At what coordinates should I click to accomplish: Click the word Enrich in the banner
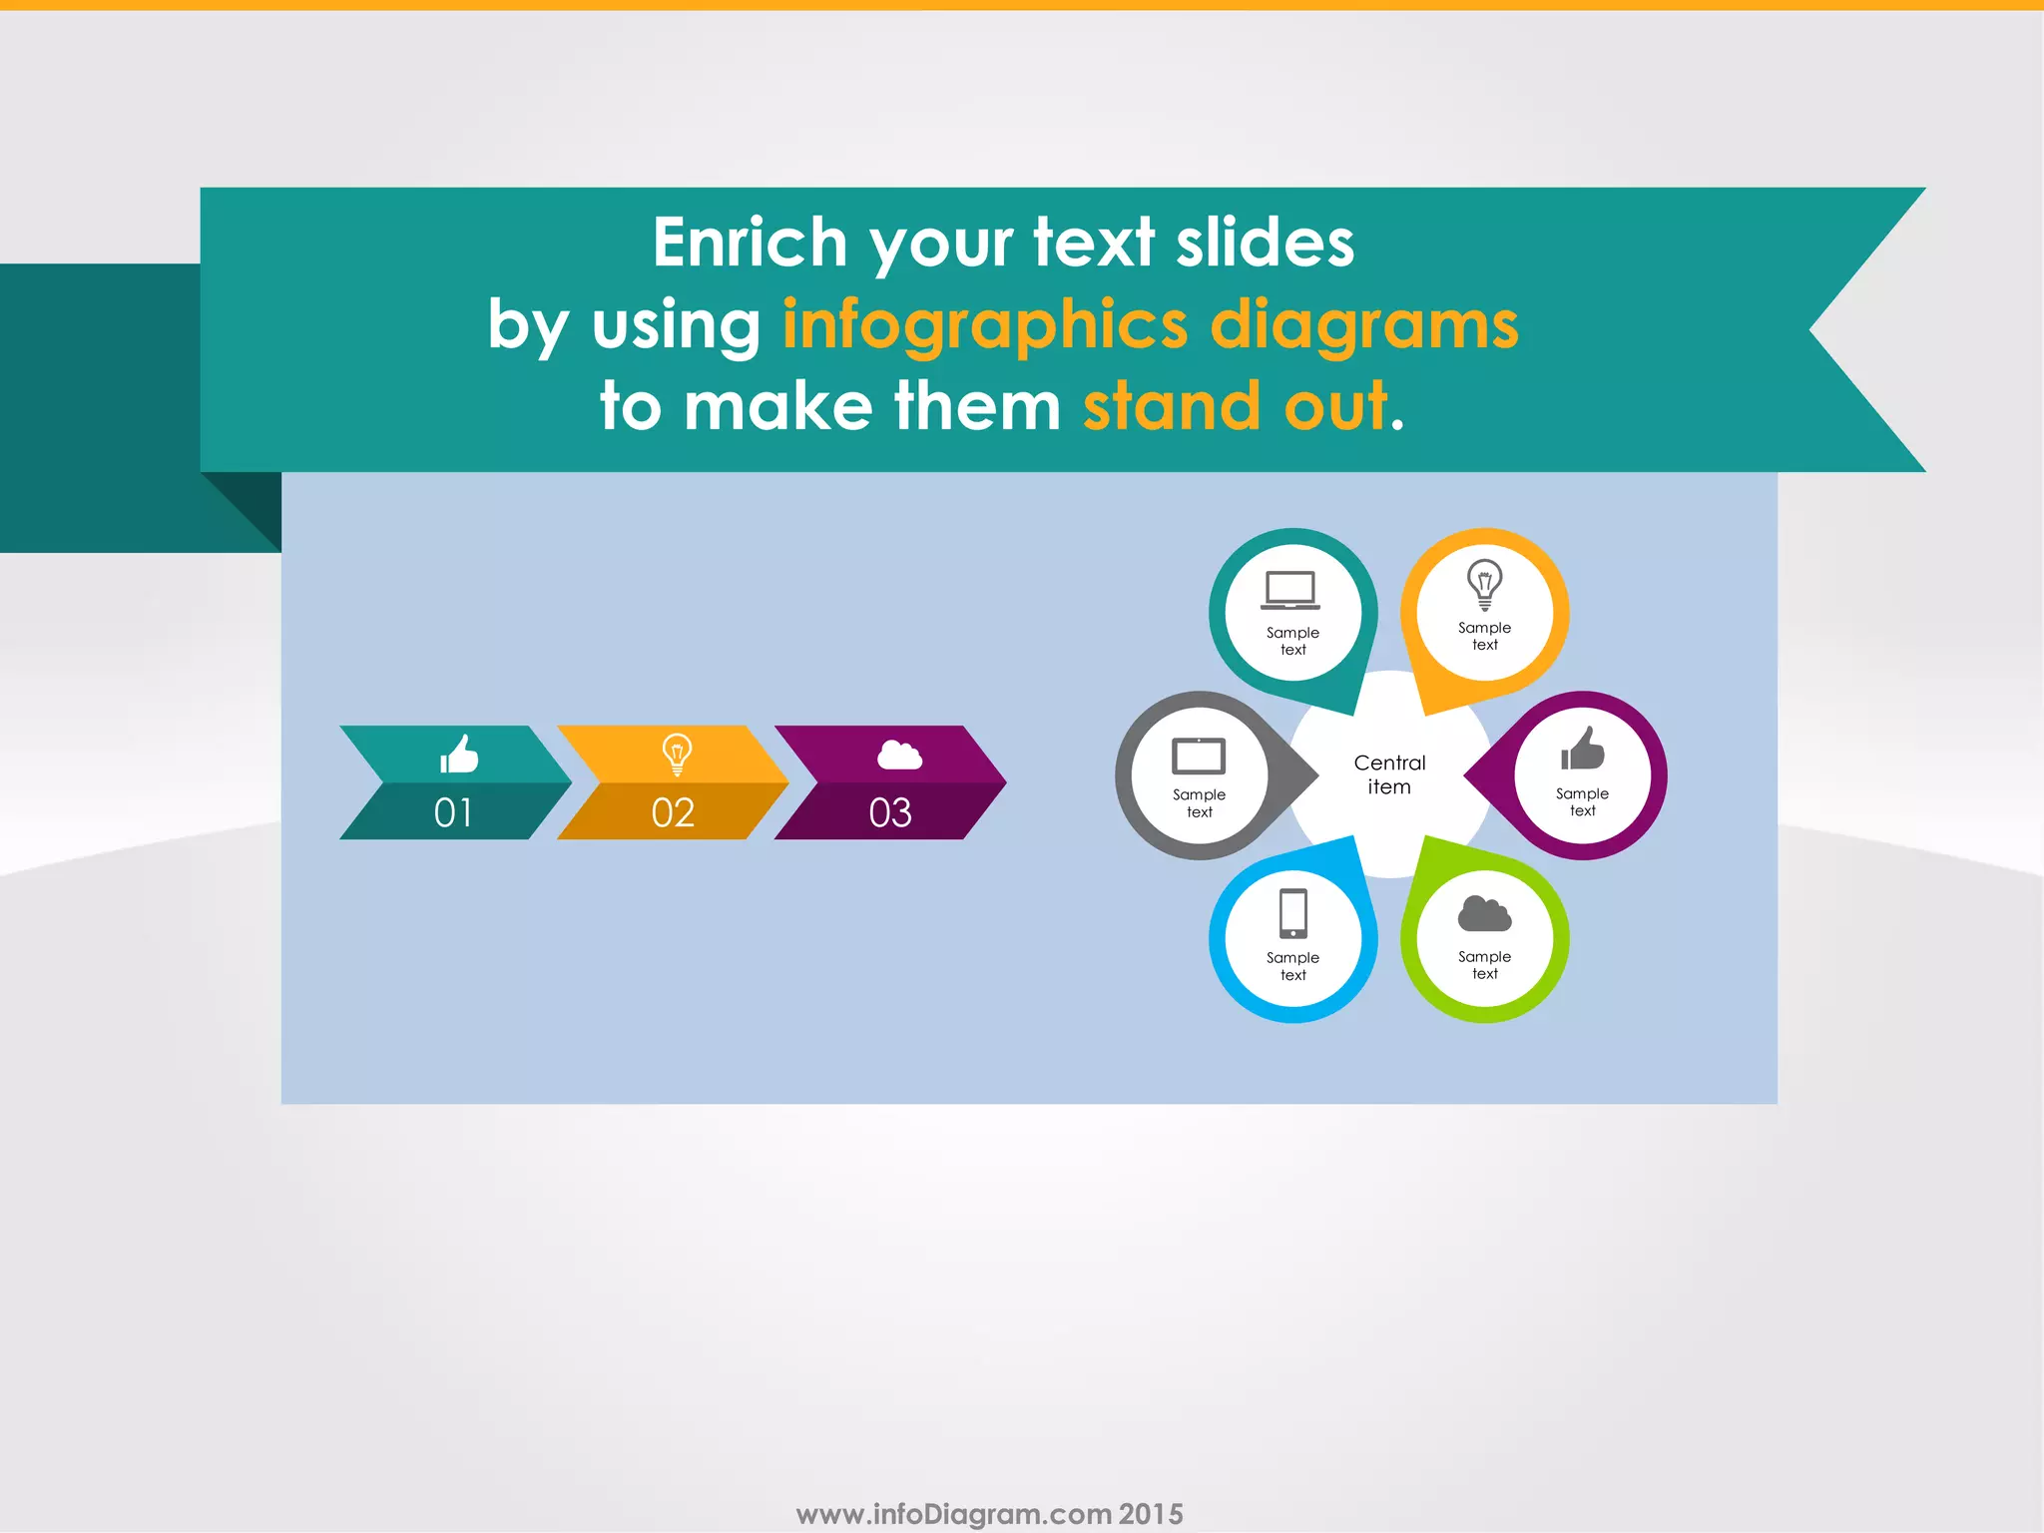click(750, 243)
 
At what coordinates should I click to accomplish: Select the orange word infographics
click(985, 326)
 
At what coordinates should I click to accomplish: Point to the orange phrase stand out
click(1236, 406)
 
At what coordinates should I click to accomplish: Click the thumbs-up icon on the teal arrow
click(459, 754)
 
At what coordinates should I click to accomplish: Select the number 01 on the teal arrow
click(453, 812)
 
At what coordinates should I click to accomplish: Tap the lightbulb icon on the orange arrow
click(677, 755)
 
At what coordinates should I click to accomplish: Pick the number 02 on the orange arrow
click(673, 812)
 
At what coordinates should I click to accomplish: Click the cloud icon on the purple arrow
click(899, 755)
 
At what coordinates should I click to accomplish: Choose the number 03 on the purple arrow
click(890, 812)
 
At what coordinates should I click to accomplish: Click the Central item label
click(1389, 774)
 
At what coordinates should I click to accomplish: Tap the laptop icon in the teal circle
click(1290, 590)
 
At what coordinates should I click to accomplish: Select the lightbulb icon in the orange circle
click(1484, 584)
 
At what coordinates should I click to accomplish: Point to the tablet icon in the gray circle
click(1199, 757)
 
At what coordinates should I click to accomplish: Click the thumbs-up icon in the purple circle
click(1583, 749)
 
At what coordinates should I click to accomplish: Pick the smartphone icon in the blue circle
click(1293, 913)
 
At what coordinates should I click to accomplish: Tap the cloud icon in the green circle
click(1484, 913)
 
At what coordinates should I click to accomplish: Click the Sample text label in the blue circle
click(1292, 966)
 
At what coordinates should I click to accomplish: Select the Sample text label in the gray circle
click(1199, 803)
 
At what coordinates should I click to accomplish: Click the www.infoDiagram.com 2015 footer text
click(989, 1514)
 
